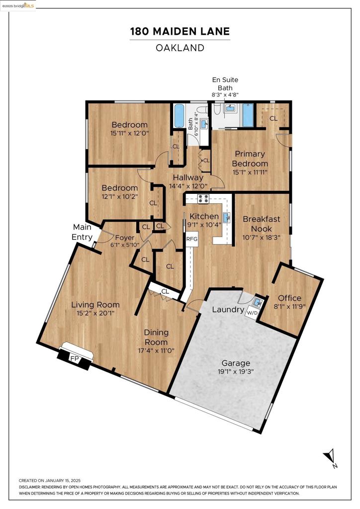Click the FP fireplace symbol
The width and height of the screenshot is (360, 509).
[75, 357]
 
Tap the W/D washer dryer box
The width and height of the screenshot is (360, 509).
[253, 313]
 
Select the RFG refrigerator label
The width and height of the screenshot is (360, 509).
[192, 239]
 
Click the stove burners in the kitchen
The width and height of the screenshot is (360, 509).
[204, 199]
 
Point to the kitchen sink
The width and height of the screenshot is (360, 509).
[227, 217]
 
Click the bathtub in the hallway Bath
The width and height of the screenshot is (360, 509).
[179, 117]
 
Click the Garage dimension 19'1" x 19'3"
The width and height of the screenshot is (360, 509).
[236, 372]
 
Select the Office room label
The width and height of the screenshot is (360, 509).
[289, 298]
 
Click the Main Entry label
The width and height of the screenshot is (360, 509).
[82, 232]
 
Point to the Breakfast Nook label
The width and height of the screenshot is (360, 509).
[261, 223]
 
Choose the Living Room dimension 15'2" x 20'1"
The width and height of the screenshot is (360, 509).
[95, 314]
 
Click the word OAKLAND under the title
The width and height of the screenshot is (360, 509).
[180, 48]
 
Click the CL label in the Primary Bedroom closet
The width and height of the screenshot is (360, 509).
[273, 118]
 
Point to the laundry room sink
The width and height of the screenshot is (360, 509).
[258, 301]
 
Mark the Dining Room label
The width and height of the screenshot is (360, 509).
[156, 337]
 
